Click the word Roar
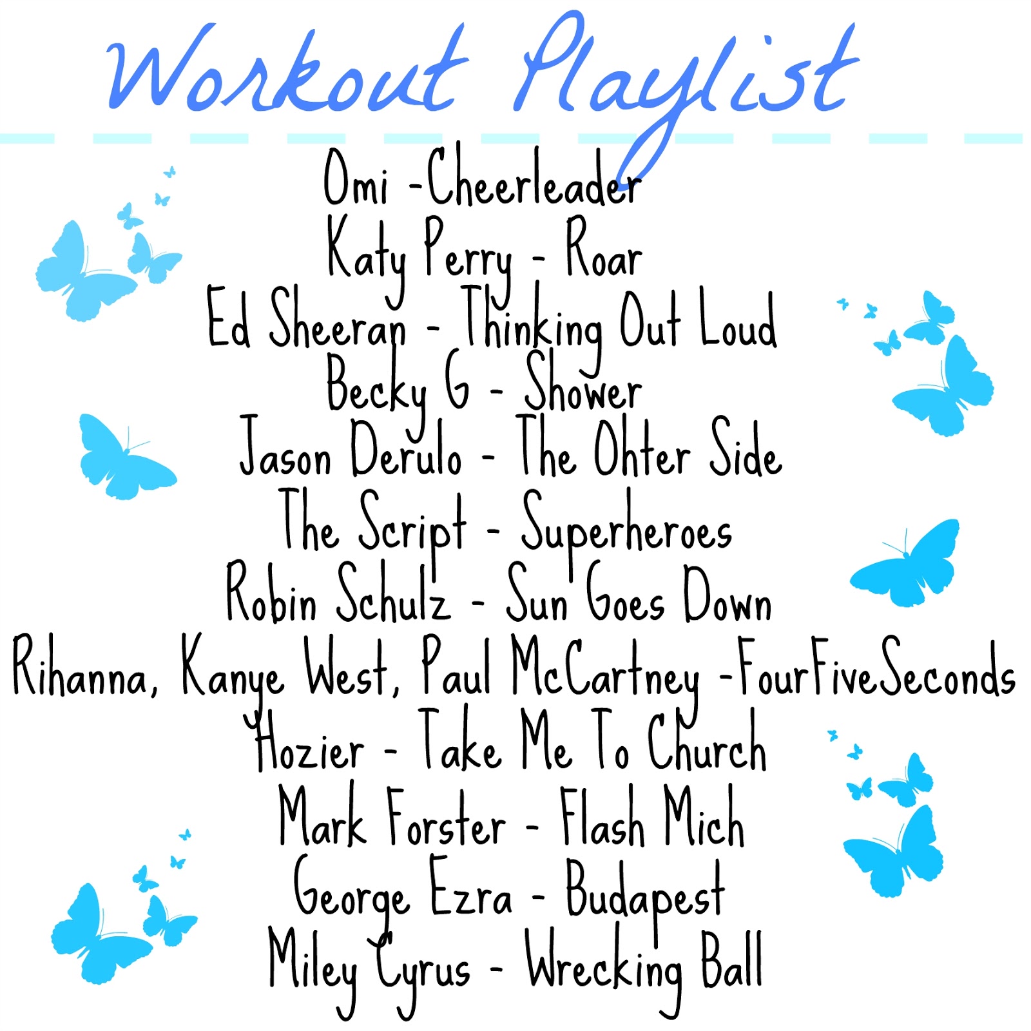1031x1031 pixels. point(604,248)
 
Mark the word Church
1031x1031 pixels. point(707,739)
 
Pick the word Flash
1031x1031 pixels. point(602,814)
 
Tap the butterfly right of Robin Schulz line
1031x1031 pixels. point(905,563)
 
